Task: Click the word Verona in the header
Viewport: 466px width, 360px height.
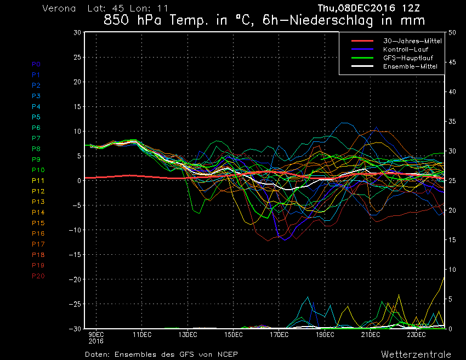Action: pos(59,9)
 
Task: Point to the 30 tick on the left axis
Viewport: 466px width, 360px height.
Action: pos(77,32)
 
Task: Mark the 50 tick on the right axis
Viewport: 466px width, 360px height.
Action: pos(452,32)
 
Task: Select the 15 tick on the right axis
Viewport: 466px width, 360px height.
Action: pos(452,240)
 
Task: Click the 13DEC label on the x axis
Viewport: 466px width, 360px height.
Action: pos(187,334)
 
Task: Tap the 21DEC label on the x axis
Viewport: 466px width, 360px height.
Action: pos(371,334)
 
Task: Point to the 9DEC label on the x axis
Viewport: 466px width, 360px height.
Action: pos(96,334)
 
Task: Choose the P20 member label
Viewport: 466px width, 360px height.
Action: pos(38,276)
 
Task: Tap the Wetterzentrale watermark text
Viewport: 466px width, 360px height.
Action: pos(416,354)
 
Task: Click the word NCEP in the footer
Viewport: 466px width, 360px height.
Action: pos(226,354)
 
